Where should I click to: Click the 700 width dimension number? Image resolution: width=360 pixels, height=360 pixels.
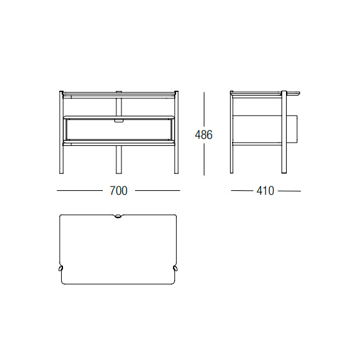pyautogui.click(x=118, y=190)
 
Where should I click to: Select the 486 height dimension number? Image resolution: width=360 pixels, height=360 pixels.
pyautogui.click(x=204, y=134)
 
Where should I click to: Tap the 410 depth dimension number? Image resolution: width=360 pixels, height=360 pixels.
pyautogui.click(x=265, y=191)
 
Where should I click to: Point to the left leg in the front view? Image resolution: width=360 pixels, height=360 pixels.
pyautogui.click(x=61, y=132)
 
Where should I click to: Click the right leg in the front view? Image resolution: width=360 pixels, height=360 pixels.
pyautogui.click(x=176, y=132)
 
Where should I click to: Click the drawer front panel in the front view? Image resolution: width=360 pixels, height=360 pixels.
pyautogui.click(x=118, y=130)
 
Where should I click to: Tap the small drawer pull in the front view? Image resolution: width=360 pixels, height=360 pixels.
pyautogui.click(x=119, y=121)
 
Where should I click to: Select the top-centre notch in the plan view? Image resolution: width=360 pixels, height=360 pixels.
pyautogui.click(x=118, y=216)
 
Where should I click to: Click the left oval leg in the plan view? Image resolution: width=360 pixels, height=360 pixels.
pyautogui.click(x=61, y=269)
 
